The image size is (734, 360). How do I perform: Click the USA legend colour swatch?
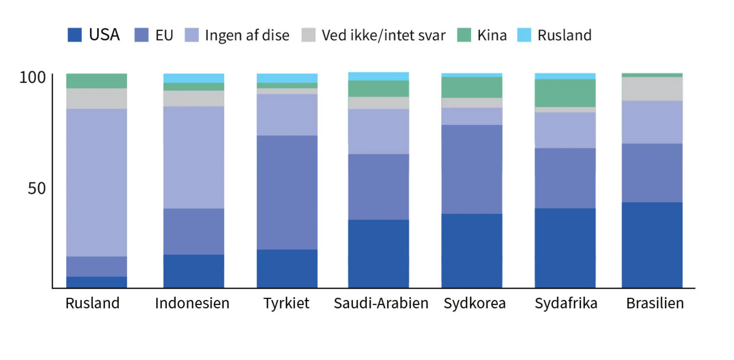click(75, 35)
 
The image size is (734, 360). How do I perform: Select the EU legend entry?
click(154, 35)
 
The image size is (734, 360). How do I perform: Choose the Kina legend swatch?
click(464, 35)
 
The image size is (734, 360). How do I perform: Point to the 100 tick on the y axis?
click(32, 77)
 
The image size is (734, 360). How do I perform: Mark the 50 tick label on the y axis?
click(36, 189)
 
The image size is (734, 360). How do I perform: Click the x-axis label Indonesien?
click(192, 303)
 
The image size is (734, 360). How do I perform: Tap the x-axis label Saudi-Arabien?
click(381, 303)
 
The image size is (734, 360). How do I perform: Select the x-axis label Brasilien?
click(655, 303)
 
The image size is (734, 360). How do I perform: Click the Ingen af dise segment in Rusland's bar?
click(97, 182)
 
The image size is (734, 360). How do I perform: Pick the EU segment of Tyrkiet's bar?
click(287, 192)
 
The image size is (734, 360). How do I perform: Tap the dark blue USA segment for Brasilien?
click(652, 245)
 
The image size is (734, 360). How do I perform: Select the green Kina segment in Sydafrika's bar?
click(565, 93)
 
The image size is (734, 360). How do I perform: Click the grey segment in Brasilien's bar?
click(652, 89)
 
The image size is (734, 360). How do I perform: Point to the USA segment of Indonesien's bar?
click(193, 271)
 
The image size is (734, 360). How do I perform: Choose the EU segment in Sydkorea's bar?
click(472, 169)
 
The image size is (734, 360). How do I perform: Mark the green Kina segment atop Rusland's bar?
click(97, 81)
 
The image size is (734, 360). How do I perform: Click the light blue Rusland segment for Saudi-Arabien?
click(378, 76)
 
